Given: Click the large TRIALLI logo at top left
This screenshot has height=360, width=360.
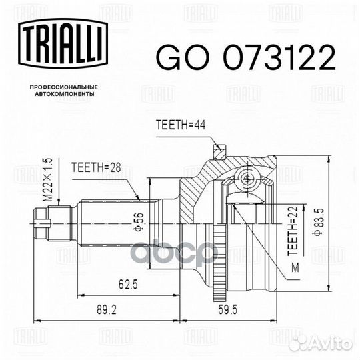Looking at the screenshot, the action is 63,43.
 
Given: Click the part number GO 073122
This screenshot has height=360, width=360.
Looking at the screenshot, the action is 245,57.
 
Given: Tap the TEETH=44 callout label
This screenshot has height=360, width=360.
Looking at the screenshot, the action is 181,125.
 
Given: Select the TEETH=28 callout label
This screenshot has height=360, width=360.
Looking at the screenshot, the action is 96,167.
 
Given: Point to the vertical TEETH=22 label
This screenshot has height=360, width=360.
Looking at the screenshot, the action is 293,231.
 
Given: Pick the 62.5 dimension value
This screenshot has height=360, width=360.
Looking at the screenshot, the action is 128,285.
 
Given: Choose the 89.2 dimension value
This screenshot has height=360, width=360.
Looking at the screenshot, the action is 107,310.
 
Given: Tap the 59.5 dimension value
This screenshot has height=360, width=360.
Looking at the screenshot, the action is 227,310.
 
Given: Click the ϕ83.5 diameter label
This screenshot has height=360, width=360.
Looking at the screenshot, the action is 319,222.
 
